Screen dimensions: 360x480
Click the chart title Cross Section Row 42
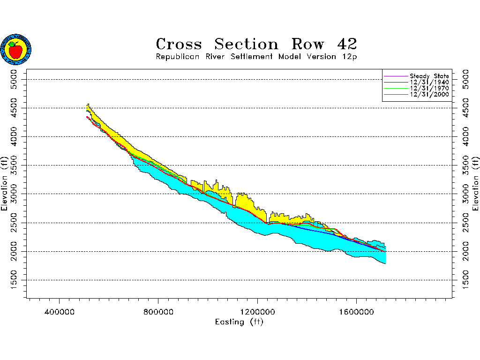pos(256,44)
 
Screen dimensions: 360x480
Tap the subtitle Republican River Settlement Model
pos(256,57)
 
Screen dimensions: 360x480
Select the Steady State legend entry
pos(429,76)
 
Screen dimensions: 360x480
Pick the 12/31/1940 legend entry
pos(429,82)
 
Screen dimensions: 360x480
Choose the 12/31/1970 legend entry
pos(429,88)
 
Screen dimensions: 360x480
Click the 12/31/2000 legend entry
pos(429,94)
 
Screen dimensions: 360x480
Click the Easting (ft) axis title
pos(239,322)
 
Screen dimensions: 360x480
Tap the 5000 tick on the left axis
pos(14,79)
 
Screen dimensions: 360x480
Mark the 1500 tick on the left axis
pos(14,280)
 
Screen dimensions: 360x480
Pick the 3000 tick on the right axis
pos(465,194)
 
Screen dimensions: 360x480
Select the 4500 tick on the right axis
pos(465,108)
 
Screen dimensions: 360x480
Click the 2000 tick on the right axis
pos(465,251)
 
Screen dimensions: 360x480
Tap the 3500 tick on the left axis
pos(14,165)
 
